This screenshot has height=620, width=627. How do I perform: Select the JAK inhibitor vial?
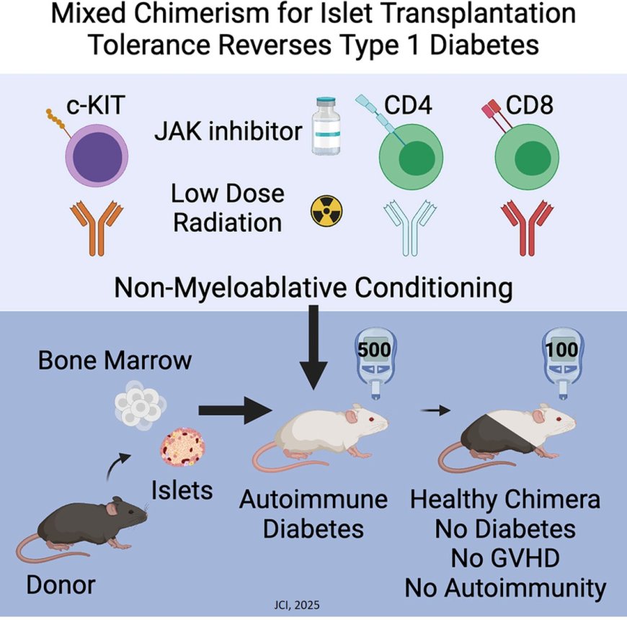(329, 130)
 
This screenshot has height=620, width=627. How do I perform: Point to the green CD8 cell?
(528, 156)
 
